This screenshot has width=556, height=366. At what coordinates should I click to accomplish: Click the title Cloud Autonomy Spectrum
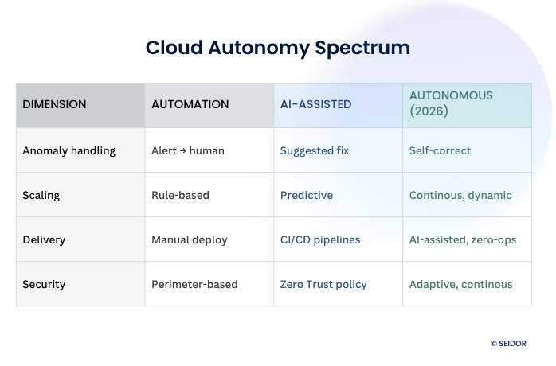[278, 48]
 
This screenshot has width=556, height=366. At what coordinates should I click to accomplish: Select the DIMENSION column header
[54, 104]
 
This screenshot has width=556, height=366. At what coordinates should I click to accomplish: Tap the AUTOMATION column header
[190, 104]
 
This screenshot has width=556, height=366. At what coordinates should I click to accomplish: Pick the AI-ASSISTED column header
[316, 104]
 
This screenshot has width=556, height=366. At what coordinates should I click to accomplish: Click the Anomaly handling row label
[69, 150]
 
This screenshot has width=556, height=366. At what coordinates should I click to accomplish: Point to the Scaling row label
[41, 195]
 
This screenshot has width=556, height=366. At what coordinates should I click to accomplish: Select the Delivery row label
[44, 239]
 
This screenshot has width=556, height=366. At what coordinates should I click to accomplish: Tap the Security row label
[44, 284]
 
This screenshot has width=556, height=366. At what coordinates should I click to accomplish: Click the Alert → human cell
[188, 150]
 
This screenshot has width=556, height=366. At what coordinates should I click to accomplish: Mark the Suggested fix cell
[315, 150]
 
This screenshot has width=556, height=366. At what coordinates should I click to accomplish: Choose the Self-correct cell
[440, 150]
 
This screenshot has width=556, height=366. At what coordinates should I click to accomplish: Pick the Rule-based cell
[180, 195]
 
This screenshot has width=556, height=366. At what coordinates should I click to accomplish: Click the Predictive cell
[307, 195]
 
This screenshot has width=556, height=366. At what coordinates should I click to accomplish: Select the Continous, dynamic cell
[460, 195]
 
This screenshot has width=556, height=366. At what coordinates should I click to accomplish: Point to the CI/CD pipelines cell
[320, 239]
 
